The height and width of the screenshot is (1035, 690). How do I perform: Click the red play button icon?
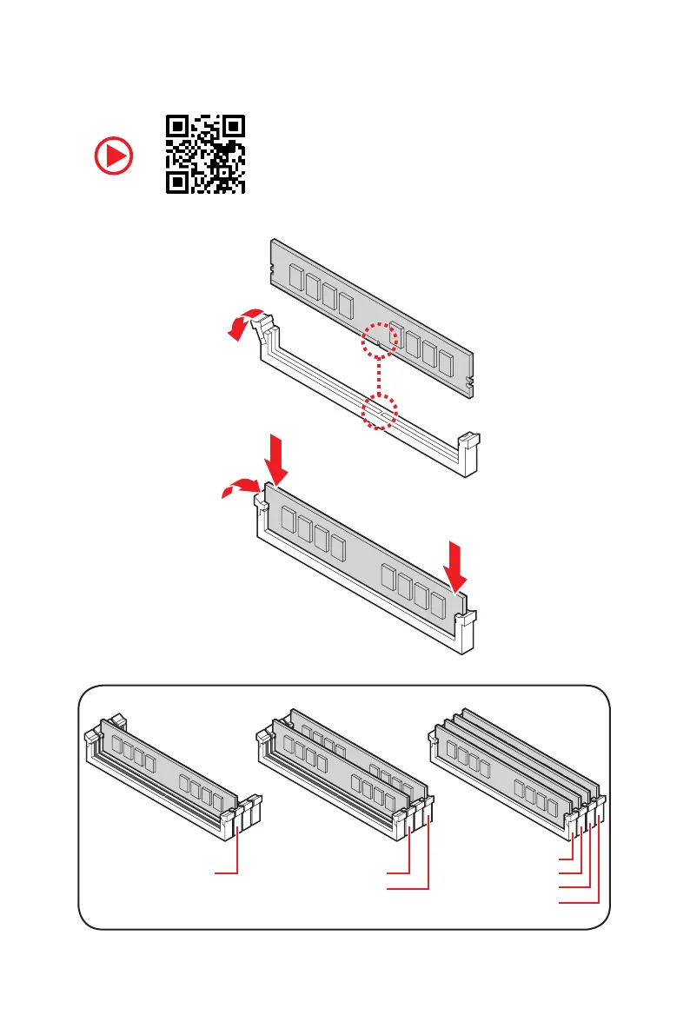[114, 156]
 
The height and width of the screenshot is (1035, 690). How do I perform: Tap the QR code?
[205, 154]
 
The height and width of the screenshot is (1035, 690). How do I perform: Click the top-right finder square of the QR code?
[231, 127]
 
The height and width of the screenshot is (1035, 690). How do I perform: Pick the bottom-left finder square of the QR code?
[178, 181]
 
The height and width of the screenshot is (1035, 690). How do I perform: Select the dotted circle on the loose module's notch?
[380, 340]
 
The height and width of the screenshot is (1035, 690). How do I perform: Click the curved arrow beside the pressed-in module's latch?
[236, 492]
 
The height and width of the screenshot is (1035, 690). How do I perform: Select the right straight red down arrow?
[456, 564]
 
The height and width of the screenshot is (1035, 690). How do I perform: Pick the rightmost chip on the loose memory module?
[447, 362]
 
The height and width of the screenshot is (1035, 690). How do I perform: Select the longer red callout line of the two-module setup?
[408, 888]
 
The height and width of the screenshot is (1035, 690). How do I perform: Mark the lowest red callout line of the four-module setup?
[579, 904]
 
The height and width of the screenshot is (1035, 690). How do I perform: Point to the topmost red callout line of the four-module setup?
[566, 856]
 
